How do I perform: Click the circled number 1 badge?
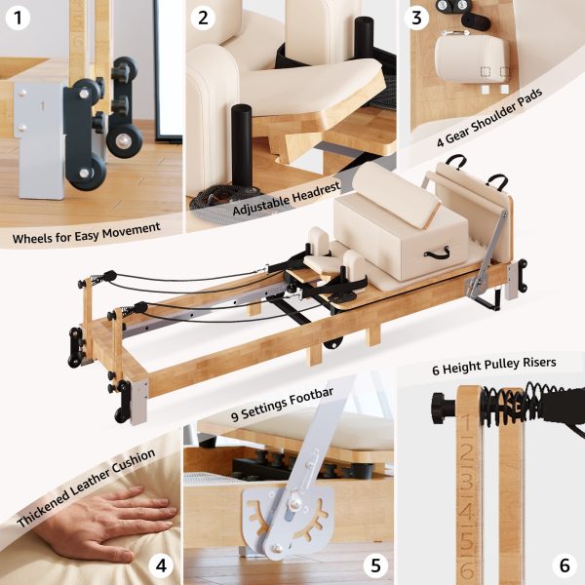click(18, 18)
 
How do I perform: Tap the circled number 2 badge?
click(203, 18)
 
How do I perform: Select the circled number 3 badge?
click(416, 18)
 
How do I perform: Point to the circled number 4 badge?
click(161, 565)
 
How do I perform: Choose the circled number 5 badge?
click(375, 565)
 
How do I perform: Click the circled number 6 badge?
click(565, 565)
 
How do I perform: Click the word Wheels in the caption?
click(32, 238)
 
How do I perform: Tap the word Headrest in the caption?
click(316, 192)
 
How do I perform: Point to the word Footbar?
click(313, 399)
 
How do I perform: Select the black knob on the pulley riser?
click(444, 408)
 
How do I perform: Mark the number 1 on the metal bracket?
click(43, 106)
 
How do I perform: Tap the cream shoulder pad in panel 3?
click(472, 58)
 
